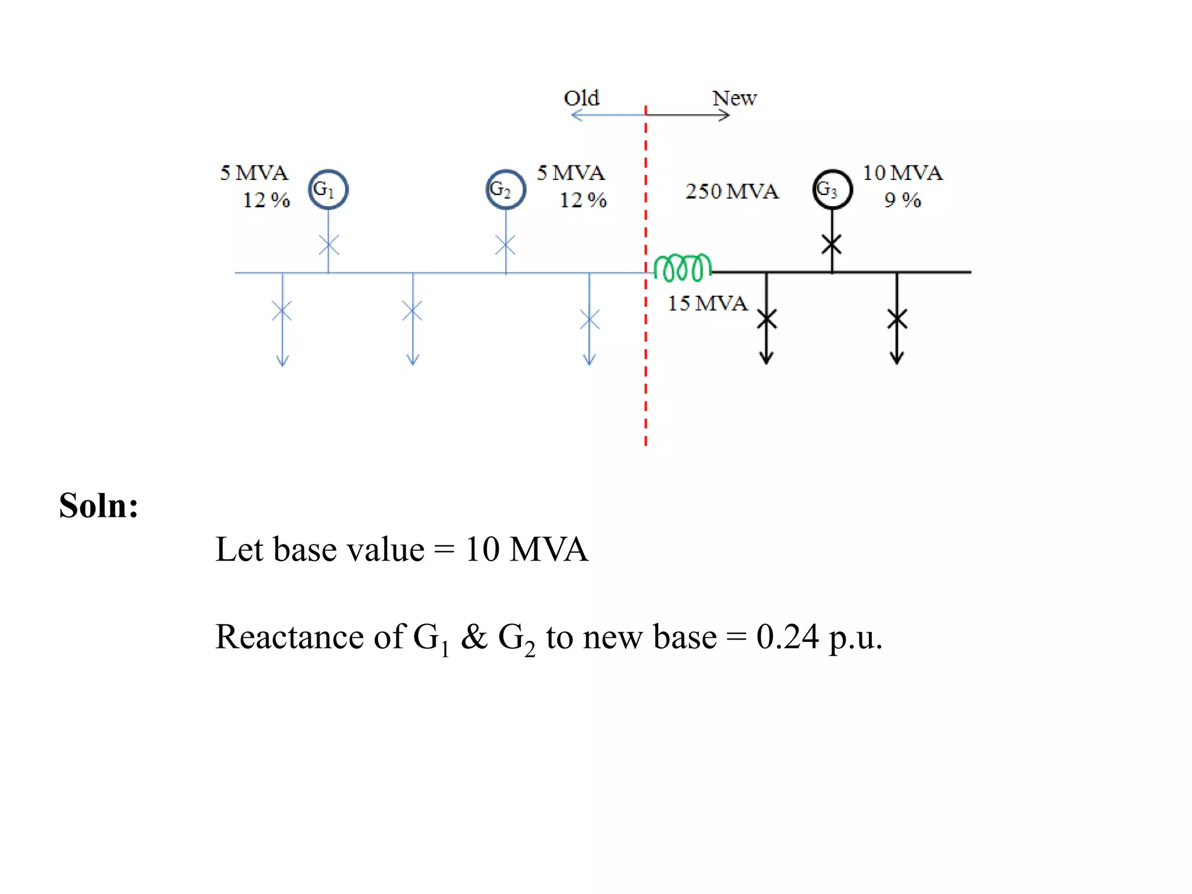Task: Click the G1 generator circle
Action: pos(328,190)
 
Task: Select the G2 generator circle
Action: pos(506,190)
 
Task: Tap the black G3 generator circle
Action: pos(832,190)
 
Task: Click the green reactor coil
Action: pos(682,268)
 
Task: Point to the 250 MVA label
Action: pos(732,191)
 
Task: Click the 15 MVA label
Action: pos(707,303)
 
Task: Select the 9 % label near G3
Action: pos(902,200)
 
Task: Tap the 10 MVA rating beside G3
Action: pos(902,173)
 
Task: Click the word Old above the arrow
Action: pos(581,98)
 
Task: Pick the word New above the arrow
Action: pos(735,98)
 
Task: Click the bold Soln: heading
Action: pos(99,505)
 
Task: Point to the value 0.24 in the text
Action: pos(787,637)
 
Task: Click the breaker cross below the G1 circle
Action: pos(329,245)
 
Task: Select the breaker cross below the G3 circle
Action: pos(832,244)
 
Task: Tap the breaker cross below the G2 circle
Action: pos(505,245)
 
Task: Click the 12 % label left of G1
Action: pos(266,200)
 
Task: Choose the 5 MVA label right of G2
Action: pos(570,173)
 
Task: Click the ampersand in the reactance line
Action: pos(474,637)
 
